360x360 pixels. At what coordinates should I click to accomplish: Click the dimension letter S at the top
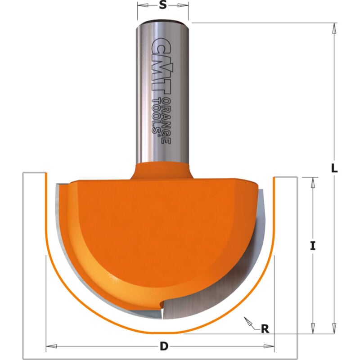tap(163, 5)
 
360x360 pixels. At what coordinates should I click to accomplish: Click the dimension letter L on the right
tap(334, 169)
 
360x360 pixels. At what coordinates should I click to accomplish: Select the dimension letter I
tap(313, 246)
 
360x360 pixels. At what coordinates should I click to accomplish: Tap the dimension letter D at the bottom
tap(164, 346)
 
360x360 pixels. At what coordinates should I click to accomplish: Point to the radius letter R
tap(265, 328)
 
